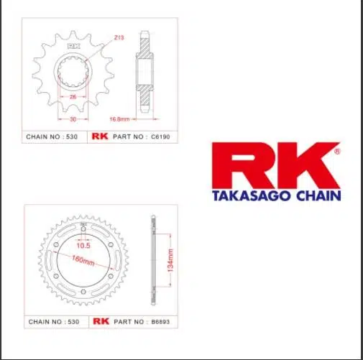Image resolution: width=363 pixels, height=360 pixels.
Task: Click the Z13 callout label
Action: tap(119, 37)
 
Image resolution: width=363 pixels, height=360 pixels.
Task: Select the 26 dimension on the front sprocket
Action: tap(73, 97)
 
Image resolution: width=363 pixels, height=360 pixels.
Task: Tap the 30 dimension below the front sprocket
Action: tap(73, 119)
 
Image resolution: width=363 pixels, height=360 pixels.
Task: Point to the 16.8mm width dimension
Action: tap(119, 119)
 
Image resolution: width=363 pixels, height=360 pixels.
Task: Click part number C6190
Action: tap(160, 137)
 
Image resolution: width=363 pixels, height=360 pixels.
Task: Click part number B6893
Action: tap(160, 322)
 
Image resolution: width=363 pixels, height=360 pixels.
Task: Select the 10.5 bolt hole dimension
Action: tap(83, 246)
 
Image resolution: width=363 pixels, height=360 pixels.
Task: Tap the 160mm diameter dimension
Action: tap(83, 261)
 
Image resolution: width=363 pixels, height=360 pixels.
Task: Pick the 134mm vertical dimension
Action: tap(170, 260)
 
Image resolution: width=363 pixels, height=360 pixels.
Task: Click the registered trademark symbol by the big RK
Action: tap(337, 152)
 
